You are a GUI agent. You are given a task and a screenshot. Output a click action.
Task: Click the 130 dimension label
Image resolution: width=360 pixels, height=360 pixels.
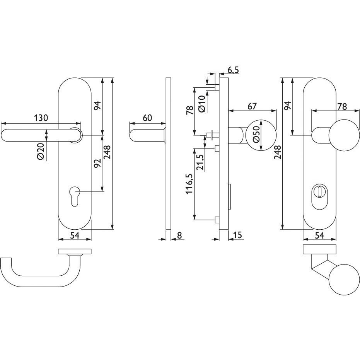tap(41, 118)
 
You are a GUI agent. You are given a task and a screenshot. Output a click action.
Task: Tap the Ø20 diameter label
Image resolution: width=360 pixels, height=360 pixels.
tap(41, 151)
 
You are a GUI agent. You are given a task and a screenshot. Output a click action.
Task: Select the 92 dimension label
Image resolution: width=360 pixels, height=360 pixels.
tap(97, 163)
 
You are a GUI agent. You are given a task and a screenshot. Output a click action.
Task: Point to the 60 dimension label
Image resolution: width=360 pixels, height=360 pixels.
tap(148, 118)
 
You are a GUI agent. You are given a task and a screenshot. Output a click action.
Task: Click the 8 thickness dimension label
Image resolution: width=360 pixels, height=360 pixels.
tap(179, 235)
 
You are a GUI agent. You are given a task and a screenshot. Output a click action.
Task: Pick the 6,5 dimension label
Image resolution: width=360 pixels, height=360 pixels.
tap(233, 70)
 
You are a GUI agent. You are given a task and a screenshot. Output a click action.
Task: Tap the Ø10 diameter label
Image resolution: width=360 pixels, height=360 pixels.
tap(201, 104)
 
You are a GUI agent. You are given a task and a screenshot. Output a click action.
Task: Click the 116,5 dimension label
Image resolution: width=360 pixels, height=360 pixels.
tap(189, 183)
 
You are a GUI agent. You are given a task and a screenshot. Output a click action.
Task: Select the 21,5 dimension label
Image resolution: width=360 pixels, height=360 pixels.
tap(200, 162)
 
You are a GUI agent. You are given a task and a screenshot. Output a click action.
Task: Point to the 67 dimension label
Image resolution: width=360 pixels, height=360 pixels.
tap(252, 106)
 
